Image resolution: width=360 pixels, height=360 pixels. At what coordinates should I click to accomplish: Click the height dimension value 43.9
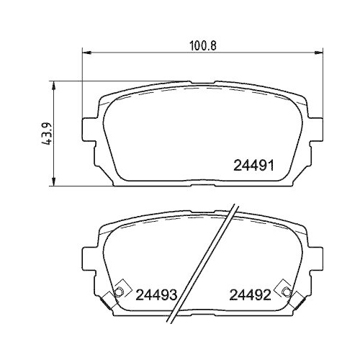pos(47,134)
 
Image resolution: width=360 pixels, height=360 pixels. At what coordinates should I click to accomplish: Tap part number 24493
pos(156,294)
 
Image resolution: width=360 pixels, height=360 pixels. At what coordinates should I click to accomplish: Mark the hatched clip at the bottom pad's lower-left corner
pos(109,300)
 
